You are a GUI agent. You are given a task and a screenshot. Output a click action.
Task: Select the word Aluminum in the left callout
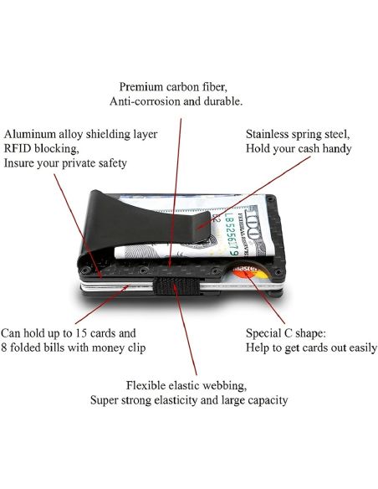(x=30, y=134)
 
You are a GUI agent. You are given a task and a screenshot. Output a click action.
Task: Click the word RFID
(x=18, y=148)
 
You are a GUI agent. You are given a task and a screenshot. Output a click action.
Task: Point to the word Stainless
(x=267, y=134)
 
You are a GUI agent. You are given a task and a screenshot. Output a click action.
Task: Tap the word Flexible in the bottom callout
(x=146, y=385)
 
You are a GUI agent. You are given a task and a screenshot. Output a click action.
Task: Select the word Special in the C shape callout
(x=263, y=333)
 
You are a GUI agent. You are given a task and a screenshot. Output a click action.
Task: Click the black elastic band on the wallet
(x=176, y=286)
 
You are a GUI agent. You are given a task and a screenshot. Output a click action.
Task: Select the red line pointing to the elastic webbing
(x=185, y=330)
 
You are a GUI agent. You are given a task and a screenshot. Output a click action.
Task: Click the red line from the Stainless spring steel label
(x=254, y=192)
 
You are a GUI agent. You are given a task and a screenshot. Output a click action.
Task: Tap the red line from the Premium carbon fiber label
(x=176, y=193)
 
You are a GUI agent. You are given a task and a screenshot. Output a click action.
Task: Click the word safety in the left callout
(x=113, y=163)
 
